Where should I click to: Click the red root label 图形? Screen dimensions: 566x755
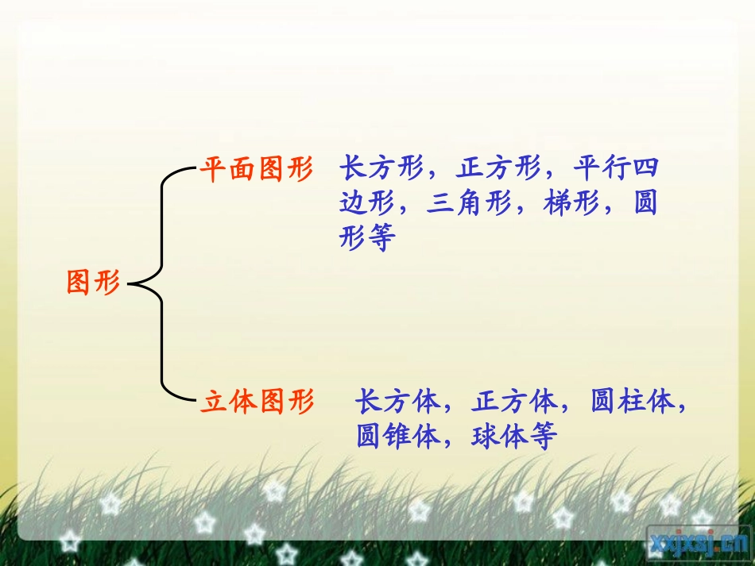(93, 282)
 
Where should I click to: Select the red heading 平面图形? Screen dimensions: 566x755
(256, 169)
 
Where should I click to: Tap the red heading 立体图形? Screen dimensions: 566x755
(256, 402)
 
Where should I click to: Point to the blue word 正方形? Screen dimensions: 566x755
(498, 169)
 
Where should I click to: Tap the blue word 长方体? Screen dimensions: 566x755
(397, 402)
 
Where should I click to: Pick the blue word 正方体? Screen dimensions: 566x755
(514, 402)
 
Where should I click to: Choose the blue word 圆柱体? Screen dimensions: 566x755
(633, 402)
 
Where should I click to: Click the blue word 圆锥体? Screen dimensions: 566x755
(397, 437)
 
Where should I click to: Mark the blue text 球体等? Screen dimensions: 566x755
(513, 437)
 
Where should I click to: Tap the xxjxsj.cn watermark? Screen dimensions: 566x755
(693, 544)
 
